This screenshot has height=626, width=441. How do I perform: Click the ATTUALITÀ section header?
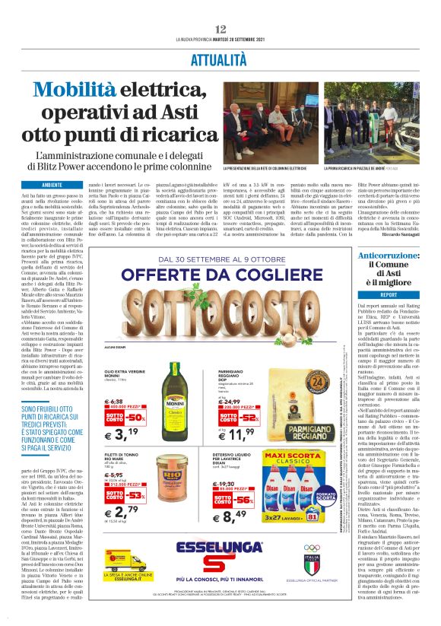pyautogui.click(x=220, y=59)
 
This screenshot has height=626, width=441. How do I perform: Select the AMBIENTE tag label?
pyautogui.click(x=52, y=185)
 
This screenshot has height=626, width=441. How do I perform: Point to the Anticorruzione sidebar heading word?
pyautogui.click(x=389, y=256)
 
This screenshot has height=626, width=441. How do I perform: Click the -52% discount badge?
pyautogui.click(x=249, y=418)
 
